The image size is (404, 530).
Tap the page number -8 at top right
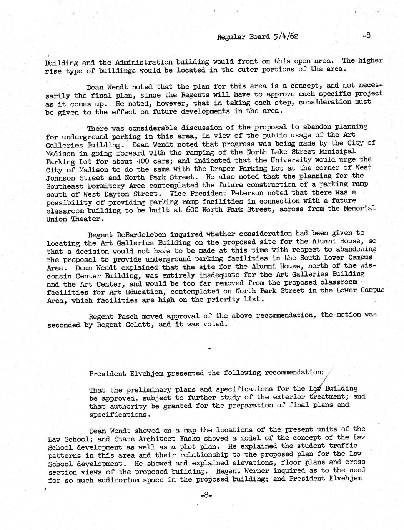[x=366, y=36]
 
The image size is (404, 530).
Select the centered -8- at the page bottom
[x=206, y=495]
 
